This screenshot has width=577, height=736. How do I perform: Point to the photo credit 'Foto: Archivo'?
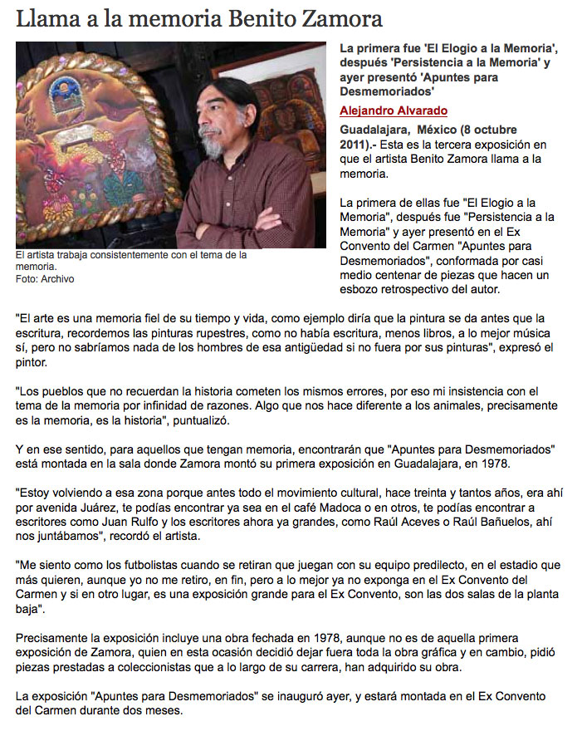(45, 279)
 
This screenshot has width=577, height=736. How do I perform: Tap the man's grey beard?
(213, 146)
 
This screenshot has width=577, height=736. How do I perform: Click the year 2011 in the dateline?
(355, 145)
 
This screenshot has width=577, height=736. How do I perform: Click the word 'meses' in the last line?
(164, 713)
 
